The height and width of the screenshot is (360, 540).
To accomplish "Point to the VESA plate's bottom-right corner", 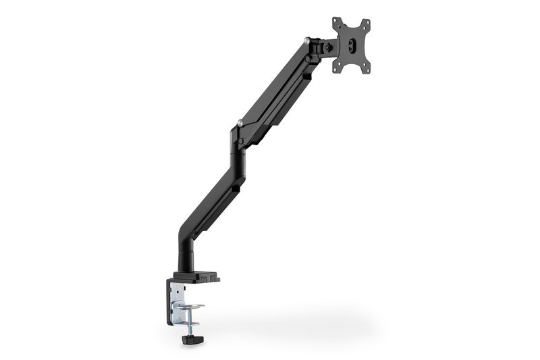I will click(x=368, y=68).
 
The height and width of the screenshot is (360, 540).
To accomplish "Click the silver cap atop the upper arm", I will click(x=308, y=41).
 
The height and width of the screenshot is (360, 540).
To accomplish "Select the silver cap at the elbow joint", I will click(x=240, y=123).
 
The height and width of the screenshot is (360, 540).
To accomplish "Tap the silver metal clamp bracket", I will click(x=177, y=297).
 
